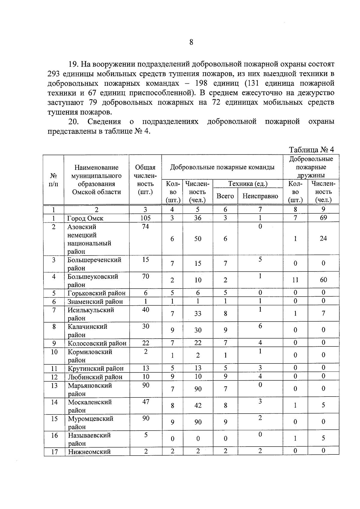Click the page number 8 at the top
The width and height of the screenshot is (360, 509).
point(191,42)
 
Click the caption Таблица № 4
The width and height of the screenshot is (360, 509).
point(311,149)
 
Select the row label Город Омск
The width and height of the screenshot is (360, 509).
point(85,218)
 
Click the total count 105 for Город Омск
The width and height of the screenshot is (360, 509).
point(145,218)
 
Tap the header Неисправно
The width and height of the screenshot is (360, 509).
point(260,196)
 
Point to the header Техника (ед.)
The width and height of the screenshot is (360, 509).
point(248,184)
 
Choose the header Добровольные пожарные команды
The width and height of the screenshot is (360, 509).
point(222,167)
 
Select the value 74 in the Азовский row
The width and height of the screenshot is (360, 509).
point(145,227)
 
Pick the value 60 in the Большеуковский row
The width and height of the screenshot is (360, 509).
point(323,280)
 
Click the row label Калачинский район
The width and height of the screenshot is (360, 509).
point(87,331)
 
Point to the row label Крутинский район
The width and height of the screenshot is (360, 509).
point(95,368)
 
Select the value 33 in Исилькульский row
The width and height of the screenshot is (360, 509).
point(197,314)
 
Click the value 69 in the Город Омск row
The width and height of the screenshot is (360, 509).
point(323,218)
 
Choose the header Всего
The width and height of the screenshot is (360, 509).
point(225,196)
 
